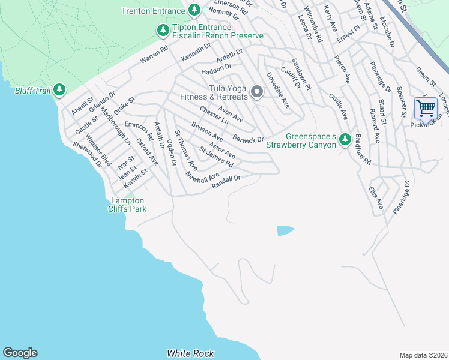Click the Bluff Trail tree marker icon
coord(59,90)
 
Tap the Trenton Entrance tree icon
coord(194,10)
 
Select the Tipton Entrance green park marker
coord(162,30)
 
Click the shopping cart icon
coord(426,109)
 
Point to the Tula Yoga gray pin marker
coord(257,92)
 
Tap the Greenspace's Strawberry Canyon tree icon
coord(345,139)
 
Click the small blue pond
coord(285,230)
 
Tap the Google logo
coord(20,353)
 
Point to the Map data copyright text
coord(423,355)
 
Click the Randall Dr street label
coord(226,181)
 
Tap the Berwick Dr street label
coord(249,139)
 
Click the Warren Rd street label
coord(154,54)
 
